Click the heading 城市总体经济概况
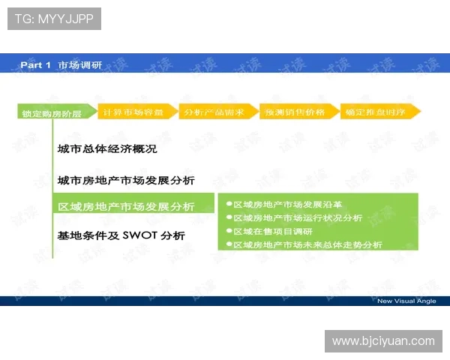(x=107, y=149)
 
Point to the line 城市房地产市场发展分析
(x=126, y=180)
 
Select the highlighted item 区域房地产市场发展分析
(x=126, y=206)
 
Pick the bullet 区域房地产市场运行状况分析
(x=298, y=217)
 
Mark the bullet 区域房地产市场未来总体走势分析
(x=307, y=244)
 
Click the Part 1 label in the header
(x=35, y=65)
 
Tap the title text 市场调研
(x=80, y=65)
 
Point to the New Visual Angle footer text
(x=406, y=301)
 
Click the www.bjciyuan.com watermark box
(x=383, y=341)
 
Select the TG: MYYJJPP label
(x=54, y=19)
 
